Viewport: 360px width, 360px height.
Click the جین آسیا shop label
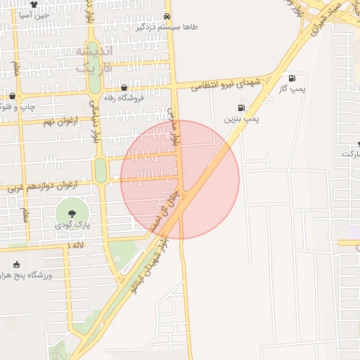[x=33, y=14]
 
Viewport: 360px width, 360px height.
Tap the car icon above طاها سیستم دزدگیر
[x=167, y=15]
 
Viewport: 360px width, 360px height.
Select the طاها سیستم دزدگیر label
[x=167, y=27]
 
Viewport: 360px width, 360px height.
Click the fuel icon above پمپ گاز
[x=291, y=78]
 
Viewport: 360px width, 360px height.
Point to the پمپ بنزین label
[x=242, y=120]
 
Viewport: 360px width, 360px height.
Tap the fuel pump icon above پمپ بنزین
[x=242, y=108]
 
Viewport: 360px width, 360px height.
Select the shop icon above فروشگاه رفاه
[x=124, y=88]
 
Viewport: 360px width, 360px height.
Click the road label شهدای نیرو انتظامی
[x=226, y=84]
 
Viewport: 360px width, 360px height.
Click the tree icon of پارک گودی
[x=72, y=214]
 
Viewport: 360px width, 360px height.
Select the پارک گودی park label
[x=72, y=226]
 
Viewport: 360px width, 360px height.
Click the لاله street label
[x=77, y=244]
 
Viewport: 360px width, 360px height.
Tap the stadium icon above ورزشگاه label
[x=15, y=264]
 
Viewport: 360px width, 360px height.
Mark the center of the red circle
[x=180, y=180]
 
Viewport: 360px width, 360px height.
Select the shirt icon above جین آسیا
[x=33, y=4]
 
